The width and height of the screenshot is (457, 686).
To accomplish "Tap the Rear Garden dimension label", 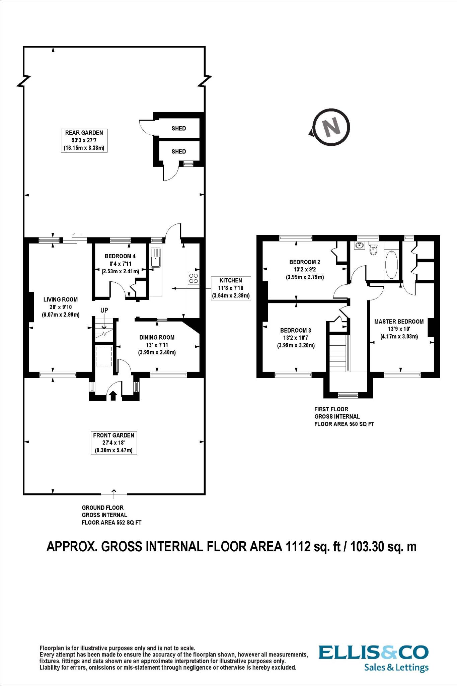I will tap(84, 140).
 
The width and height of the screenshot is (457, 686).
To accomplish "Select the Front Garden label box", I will tap(114, 443).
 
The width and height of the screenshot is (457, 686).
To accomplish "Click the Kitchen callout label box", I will tap(231, 288).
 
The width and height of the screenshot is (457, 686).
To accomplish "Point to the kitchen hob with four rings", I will tap(194, 278).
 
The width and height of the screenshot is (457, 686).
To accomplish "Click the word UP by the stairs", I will tap(104, 311).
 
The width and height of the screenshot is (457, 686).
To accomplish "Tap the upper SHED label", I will tap(179, 128).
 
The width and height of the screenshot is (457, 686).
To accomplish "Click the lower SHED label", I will tap(179, 151).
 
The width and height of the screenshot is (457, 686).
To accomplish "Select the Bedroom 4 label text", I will tap(120, 256).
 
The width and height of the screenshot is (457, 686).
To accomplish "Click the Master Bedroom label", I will tap(399, 322).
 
